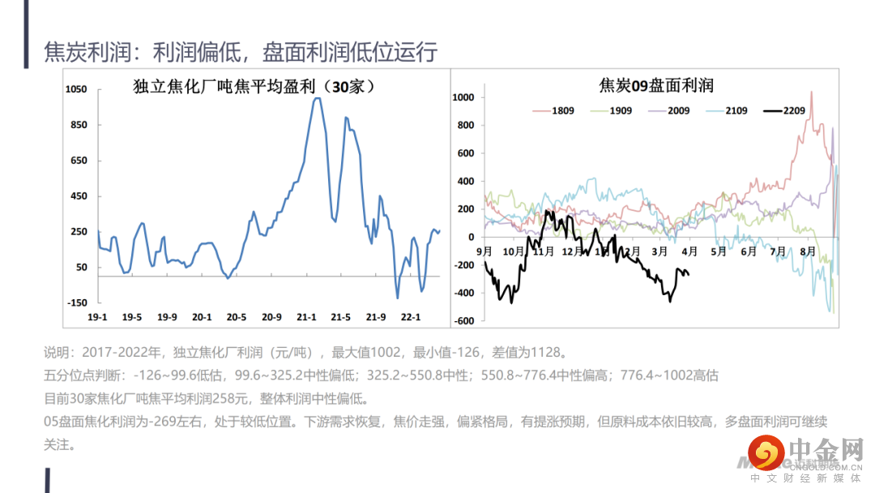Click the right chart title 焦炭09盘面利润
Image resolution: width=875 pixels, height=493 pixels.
[656, 85]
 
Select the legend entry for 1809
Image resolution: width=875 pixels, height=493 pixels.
[562, 110]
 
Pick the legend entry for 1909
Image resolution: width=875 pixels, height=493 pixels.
[620, 110]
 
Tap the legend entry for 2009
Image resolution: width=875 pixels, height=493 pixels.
[678, 110]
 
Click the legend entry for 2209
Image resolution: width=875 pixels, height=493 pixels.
[794, 110]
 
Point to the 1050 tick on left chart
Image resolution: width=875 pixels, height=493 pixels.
[76, 89]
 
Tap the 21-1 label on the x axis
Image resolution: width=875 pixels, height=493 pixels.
[306, 317]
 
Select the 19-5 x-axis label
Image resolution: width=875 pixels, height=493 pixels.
[133, 317]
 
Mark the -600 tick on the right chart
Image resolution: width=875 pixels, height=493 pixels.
[463, 321]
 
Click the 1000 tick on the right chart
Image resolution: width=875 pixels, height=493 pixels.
[463, 97]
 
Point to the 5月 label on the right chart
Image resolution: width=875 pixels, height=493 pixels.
[719, 251]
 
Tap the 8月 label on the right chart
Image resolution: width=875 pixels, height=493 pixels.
[807, 251]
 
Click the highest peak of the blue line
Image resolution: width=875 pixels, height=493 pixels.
[317, 98]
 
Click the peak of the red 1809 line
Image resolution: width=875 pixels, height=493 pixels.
[812, 92]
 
